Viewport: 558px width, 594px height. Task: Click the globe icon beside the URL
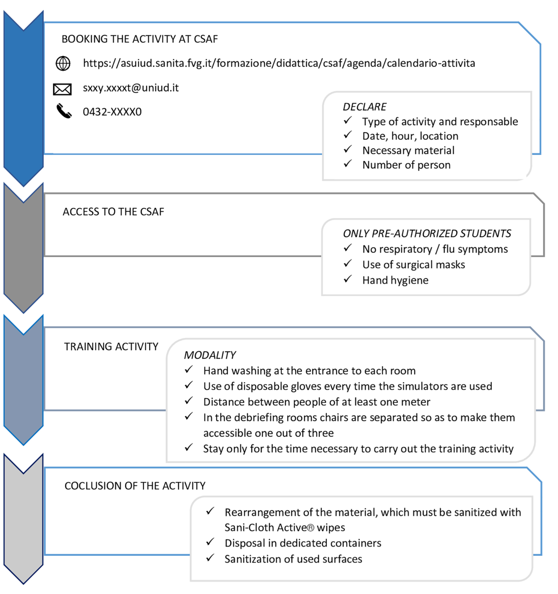point(63,63)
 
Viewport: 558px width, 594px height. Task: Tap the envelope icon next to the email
point(62,89)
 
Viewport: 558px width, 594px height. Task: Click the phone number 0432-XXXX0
point(112,112)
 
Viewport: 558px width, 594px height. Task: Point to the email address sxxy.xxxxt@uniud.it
point(131,88)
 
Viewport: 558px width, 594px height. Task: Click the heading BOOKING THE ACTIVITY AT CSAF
point(140,39)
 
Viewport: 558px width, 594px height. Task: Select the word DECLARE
point(365,107)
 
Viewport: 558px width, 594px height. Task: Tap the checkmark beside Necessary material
point(348,149)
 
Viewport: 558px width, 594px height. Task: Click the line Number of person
point(406,165)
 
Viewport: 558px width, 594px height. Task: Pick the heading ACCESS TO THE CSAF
point(113,212)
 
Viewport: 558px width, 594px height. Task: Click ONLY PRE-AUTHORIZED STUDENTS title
point(427,234)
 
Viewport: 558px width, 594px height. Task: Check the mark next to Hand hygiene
point(348,279)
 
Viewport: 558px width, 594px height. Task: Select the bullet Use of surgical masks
point(414,265)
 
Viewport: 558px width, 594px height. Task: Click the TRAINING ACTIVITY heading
point(111,346)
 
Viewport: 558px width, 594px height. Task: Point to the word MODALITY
point(210,355)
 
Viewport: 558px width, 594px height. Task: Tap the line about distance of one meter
point(317,402)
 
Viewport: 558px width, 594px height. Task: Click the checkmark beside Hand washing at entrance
point(189,369)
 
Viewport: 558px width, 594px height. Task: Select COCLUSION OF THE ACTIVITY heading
point(135,486)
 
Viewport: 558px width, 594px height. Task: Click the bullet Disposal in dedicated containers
point(303,543)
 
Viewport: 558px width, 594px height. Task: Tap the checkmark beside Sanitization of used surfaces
point(210,558)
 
